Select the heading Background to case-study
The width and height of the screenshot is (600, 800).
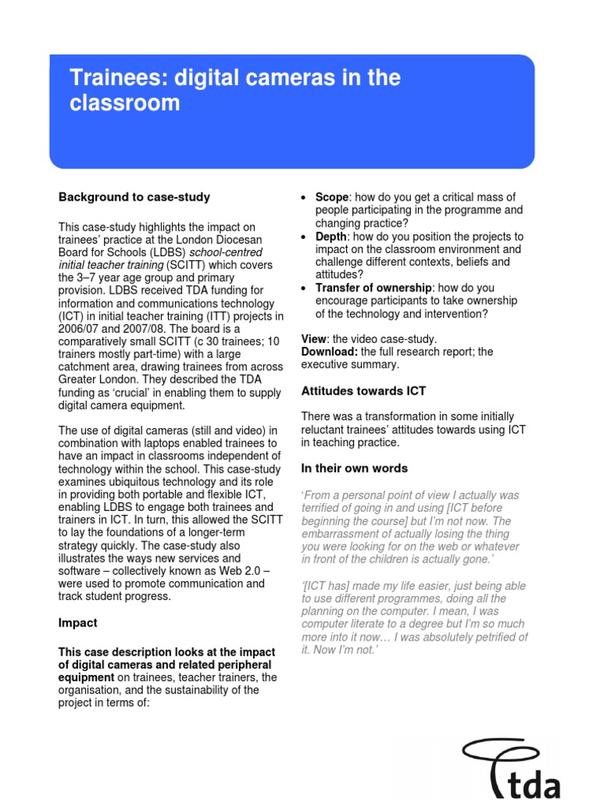(134, 197)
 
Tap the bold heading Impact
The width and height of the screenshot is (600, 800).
(79, 623)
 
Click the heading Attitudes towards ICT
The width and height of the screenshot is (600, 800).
(363, 391)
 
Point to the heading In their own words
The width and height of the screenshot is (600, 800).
(354, 469)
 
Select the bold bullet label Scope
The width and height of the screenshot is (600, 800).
(331, 198)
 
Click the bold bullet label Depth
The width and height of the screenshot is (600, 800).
(331, 237)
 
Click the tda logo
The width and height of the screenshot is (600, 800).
(511, 769)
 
